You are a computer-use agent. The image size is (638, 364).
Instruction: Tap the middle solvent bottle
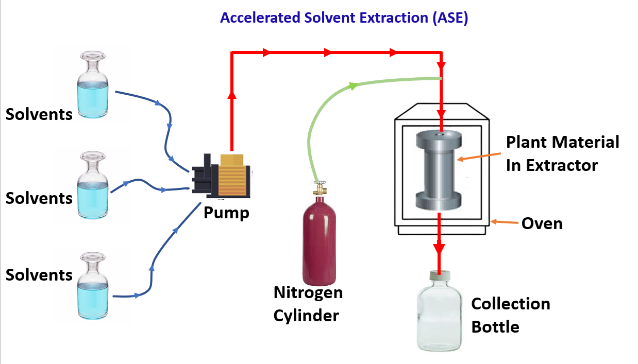point(93,188)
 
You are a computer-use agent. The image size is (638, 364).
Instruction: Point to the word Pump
point(226,212)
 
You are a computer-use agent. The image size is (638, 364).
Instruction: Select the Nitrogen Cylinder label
point(308,304)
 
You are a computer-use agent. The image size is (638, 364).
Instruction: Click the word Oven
point(542,223)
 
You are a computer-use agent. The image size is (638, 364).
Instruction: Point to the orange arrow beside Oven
point(503,222)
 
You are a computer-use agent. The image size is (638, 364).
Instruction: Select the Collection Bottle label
point(510,315)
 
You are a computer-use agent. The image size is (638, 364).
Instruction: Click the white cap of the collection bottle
point(439,276)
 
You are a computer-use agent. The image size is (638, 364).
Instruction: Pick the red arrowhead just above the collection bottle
point(439,248)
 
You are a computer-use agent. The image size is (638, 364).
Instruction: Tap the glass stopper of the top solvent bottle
point(93,57)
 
